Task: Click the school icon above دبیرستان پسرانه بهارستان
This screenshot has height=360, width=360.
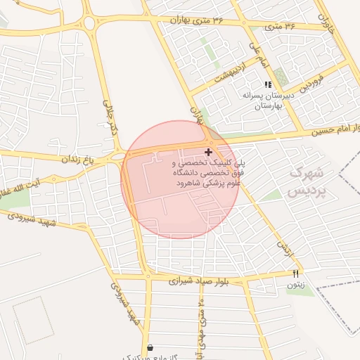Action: [268, 84]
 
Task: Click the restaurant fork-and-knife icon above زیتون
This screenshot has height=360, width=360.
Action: [295, 274]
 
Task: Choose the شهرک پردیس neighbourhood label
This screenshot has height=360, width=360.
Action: [308, 181]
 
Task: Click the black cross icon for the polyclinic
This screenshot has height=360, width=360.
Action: [208, 151]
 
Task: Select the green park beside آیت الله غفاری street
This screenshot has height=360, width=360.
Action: [14, 200]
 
